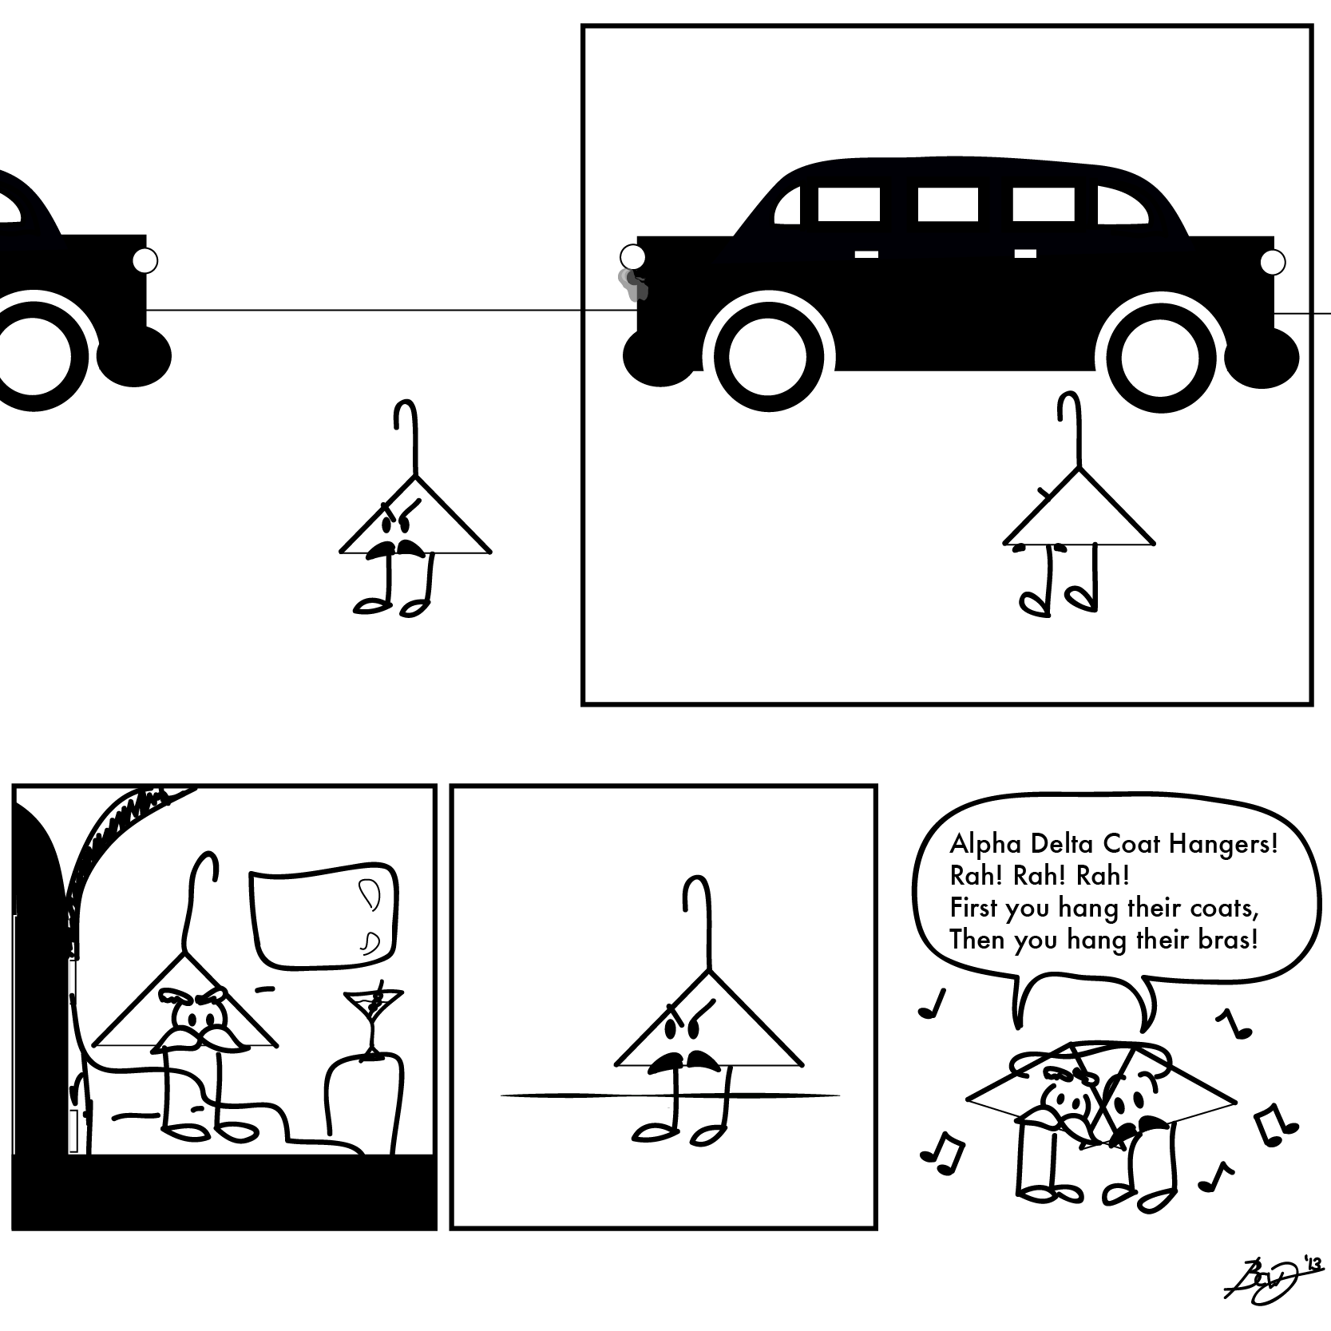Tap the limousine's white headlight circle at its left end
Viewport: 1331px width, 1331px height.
click(632, 257)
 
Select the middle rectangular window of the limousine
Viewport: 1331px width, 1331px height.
click(942, 204)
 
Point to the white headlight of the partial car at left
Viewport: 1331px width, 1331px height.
click(145, 261)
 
